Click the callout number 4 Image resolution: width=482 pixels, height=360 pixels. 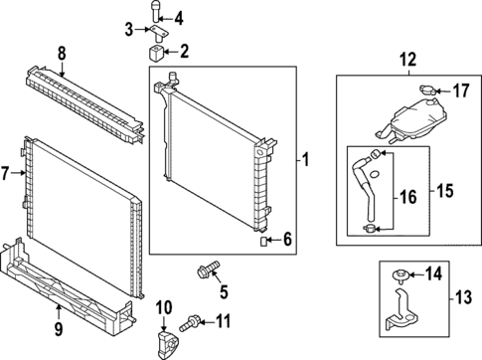tap(179, 19)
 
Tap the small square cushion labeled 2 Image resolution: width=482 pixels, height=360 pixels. tap(155, 53)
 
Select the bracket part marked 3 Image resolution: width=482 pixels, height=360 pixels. tap(158, 34)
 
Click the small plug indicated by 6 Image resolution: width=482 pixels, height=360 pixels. tap(263, 242)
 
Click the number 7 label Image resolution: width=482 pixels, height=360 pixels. tap(4, 173)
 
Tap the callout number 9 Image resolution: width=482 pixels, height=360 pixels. tap(59, 329)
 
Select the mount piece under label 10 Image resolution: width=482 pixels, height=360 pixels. tap(167, 344)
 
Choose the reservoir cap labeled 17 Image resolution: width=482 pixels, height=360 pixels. tap(427, 90)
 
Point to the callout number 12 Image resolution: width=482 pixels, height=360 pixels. tap(407, 60)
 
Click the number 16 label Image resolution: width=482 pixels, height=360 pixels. tap(408, 197)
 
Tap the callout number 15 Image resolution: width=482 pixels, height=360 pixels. tap(444, 191)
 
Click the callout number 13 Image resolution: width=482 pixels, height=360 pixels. tap(463, 297)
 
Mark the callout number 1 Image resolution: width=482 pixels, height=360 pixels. tap(306, 160)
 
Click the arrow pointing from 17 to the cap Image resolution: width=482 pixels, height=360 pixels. tap(443, 90)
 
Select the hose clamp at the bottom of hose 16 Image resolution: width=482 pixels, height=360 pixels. tap(370, 228)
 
